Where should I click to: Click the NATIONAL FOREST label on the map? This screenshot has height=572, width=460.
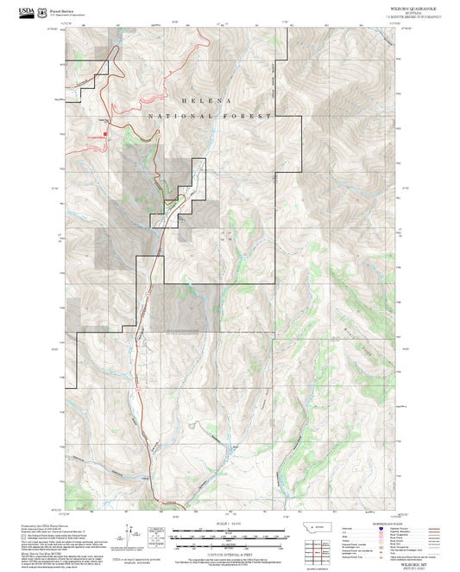click(x=210, y=116)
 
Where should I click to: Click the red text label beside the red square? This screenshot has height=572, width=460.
click(x=93, y=137)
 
